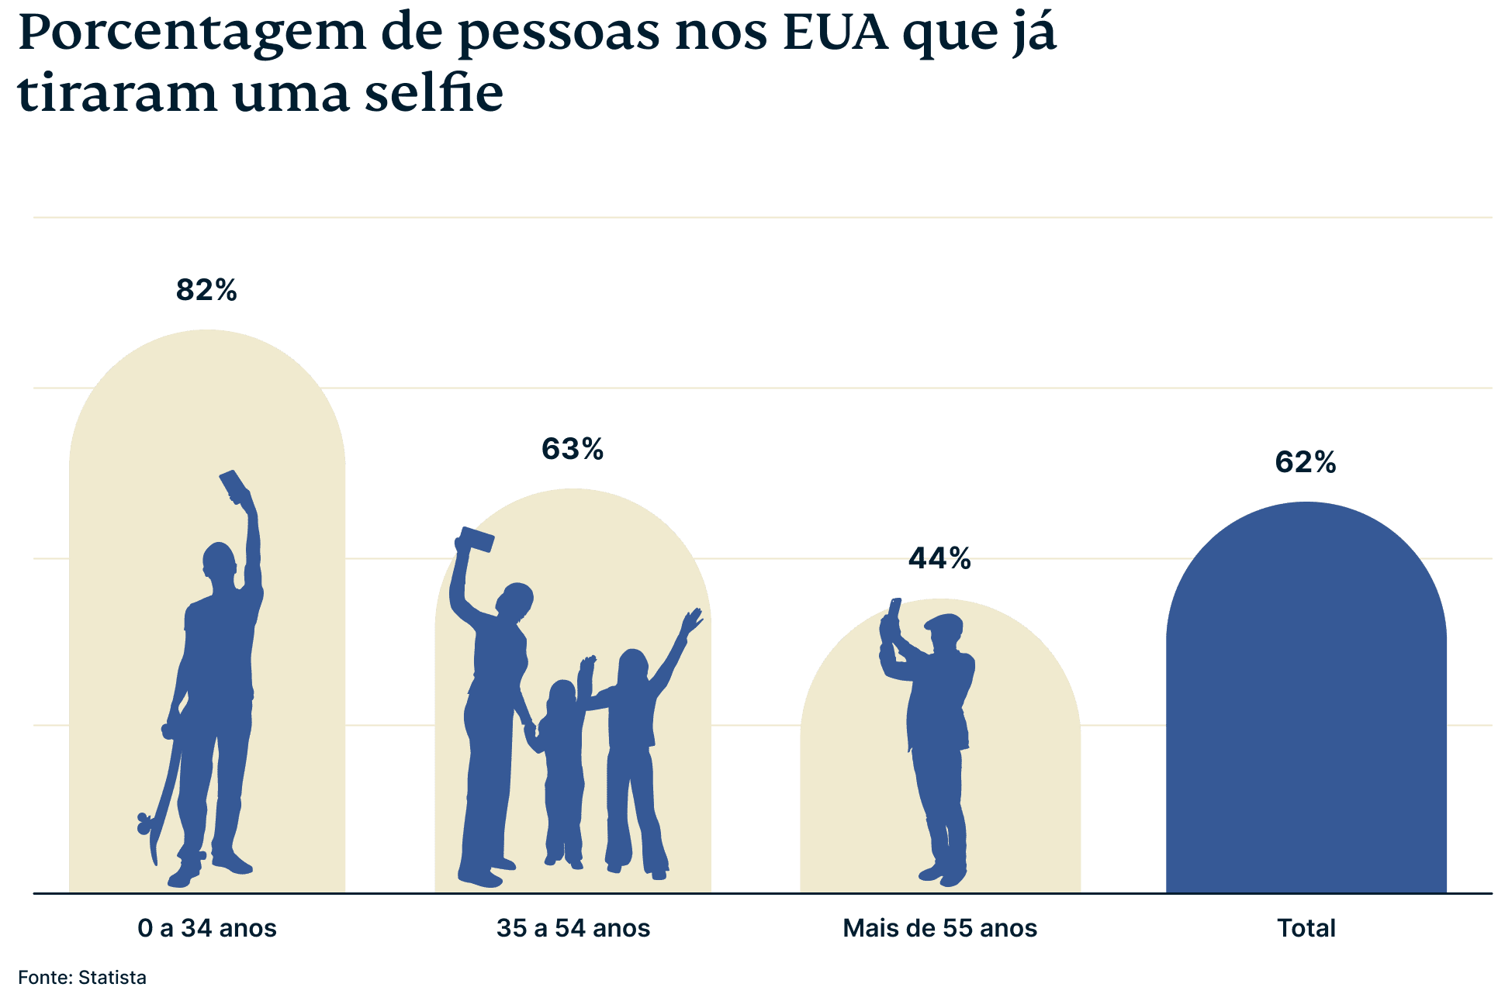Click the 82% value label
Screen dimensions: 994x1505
pos(206,291)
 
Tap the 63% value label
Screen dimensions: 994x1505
pos(573,450)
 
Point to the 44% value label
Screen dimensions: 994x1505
pos(939,558)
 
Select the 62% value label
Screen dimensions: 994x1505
pos(1306,463)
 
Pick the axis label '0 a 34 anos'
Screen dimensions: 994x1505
pos(207,928)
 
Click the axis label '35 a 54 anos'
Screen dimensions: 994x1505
pos(573,928)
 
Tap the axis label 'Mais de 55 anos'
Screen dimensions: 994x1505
pos(939,928)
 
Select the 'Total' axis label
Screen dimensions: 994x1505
pos(1306,928)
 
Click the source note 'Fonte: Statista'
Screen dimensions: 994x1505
pos(82,978)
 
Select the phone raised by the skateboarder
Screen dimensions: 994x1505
pos(234,485)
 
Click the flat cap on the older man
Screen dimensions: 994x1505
pos(944,623)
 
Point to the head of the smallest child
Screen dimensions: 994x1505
pos(562,695)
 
